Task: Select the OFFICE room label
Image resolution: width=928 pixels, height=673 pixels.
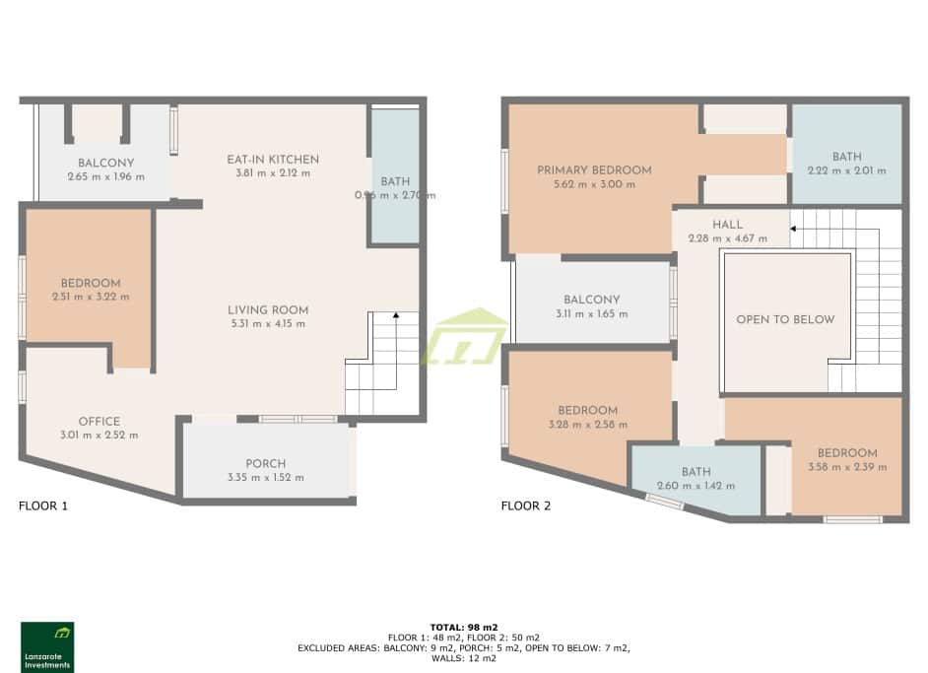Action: coord(99,422)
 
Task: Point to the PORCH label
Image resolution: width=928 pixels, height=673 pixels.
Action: coord(265,464)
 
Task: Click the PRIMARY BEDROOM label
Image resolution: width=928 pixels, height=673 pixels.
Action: coord(594,170)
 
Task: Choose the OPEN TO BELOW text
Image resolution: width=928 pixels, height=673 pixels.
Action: coord(785,319)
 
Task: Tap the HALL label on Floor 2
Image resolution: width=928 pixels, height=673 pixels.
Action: coord(727,225)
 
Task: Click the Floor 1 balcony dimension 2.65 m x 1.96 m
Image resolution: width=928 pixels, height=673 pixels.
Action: coord(105,177)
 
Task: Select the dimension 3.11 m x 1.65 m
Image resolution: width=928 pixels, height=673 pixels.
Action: coord(591,314)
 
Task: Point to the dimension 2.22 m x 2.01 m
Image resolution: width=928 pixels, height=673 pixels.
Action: coord(846,170)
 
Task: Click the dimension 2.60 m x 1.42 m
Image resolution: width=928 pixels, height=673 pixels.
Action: coord(696,486)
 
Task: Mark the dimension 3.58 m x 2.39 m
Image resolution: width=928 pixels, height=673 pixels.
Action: coord(846,467)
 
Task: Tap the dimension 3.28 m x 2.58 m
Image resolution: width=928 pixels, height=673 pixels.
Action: coord(587,425)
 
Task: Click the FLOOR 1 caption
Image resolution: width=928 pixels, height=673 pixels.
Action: coord(43,506)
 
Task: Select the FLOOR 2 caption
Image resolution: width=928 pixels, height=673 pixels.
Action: coord(526,506)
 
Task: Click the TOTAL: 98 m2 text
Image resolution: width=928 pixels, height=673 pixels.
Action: coord(464,627)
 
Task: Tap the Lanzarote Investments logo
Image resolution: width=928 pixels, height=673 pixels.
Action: coord(47,646)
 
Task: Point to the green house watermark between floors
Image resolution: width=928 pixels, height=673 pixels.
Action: coord(464,338)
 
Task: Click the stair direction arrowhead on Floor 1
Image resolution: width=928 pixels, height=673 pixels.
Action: coord(396,315)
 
